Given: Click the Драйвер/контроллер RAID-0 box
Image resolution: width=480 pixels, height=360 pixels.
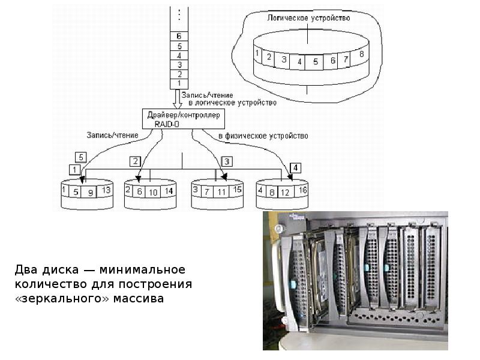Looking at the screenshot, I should [x=183, y=118].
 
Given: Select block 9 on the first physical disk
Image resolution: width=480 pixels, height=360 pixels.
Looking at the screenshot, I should [x=91, y=193].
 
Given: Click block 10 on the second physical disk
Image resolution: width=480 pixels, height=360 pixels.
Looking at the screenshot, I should [x=154, y=192].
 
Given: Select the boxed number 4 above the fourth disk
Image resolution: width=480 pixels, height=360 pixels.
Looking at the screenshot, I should [x=296, y=167].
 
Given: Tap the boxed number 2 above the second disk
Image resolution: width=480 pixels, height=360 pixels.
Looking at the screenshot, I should [x=136, y=161].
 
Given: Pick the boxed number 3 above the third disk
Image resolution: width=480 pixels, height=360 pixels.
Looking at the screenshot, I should [x=227, y=161].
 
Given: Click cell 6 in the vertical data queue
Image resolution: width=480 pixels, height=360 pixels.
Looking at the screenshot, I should [x=179, y=36].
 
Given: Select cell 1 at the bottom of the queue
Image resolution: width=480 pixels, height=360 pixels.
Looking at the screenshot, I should [x=179, y=83].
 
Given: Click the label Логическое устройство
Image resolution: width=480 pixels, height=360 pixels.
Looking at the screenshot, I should [x=308, y=18].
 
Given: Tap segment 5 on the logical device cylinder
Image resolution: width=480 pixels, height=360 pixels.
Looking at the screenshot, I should [x=315, y=61].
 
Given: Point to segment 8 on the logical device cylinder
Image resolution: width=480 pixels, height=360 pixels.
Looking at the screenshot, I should [x=361, y=55].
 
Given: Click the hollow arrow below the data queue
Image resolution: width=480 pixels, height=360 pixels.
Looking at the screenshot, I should [x=178, y=98].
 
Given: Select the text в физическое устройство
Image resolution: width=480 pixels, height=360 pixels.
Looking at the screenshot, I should [x=263, y=136].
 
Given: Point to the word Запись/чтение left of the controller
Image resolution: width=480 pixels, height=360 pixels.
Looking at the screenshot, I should [x=112, y=135].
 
